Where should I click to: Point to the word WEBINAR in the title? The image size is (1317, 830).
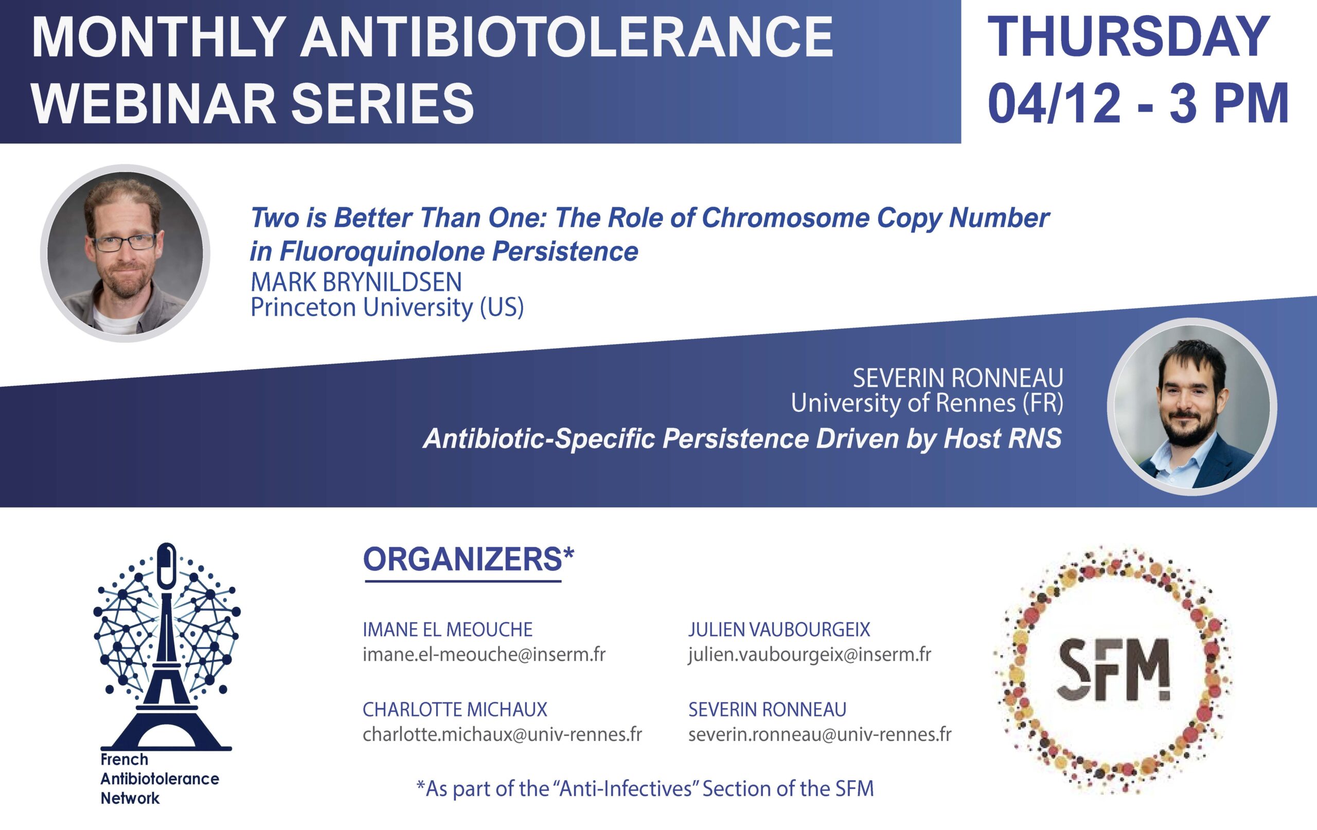[x=155, y=103]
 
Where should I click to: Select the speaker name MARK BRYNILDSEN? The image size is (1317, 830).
[x=356, y=282]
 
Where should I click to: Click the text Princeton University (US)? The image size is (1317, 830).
[x=387, y=308]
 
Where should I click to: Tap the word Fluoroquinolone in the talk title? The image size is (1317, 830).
[x=381, y=251]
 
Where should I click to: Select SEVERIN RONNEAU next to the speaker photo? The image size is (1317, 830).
[x=958, y=378]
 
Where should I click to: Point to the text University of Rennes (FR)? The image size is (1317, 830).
[x=927, y=403]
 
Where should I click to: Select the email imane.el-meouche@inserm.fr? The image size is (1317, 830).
[x=484, y=654]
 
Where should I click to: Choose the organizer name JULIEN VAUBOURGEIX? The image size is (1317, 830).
[x=779, y=629]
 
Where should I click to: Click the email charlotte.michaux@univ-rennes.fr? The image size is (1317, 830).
[x=502, y=734]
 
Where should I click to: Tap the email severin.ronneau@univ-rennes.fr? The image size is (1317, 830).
[x=820, y=734]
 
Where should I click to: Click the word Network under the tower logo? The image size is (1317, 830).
[x=130, y=798]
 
